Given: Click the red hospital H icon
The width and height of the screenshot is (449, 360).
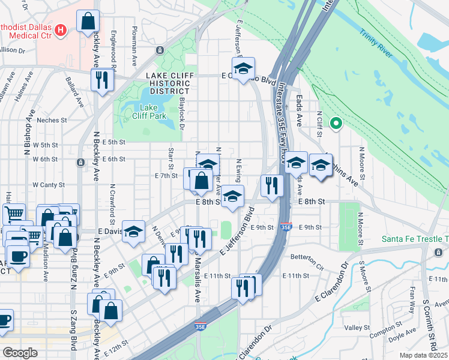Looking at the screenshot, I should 60,29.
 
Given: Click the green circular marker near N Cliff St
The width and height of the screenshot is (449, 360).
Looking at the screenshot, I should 336,125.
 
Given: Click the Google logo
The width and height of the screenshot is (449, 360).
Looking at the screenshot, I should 20,353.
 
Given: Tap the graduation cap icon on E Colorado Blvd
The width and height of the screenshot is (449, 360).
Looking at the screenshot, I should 243,67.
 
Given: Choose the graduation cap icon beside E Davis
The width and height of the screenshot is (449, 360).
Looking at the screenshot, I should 133,231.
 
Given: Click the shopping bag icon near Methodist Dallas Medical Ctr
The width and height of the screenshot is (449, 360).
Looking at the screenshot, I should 88,22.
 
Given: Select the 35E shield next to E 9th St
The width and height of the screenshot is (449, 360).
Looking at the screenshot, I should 286,227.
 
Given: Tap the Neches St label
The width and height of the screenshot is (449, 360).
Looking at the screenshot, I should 51,120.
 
